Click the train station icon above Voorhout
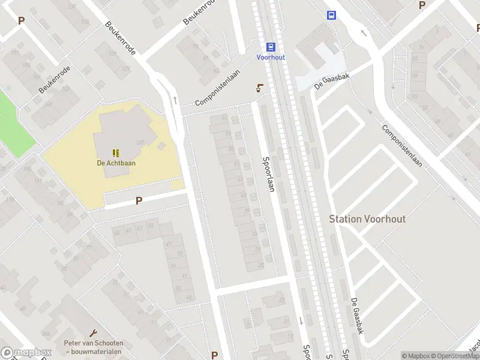tap(271, 47)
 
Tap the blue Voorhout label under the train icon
tap(271, 57)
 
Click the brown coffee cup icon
tap(259, 88)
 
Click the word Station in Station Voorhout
tap(346, 219)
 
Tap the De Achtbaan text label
tap(116, 162)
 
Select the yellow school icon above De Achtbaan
tap(116, 152)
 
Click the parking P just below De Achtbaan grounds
tap(139, 201)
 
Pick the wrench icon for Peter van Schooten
tap(93, 333)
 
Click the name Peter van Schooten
tap(93, 343)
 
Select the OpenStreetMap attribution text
tap(451, 356)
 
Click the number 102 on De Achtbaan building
tap(140, 142)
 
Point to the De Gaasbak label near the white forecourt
tap(332, 79)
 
